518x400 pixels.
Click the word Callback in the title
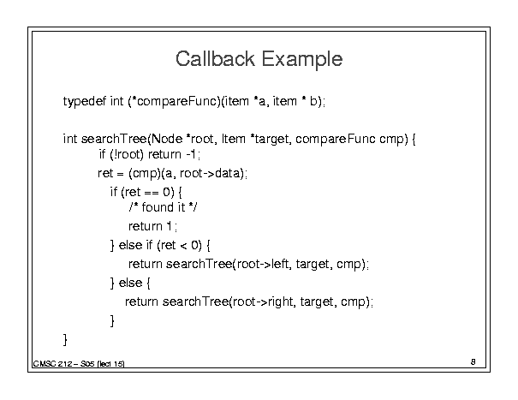pos(215,59)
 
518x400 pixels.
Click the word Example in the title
pos(302,59)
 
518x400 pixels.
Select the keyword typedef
pos(85,101)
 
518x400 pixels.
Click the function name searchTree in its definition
pos(114,139)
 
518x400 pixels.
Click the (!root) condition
pos(127,154)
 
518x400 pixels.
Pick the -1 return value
pos(192,154)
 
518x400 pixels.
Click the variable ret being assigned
pos(105,173)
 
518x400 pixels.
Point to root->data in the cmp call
pos(211,173)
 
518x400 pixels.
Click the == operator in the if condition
pos(152,193)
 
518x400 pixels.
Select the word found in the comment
pos(158,207)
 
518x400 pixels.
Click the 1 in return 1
pos(170,226)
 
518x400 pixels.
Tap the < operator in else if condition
pos(183,246)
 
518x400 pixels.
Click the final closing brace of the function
pos(65,339)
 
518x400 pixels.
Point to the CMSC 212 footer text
pos(79,364)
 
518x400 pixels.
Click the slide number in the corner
pos(473,362)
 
